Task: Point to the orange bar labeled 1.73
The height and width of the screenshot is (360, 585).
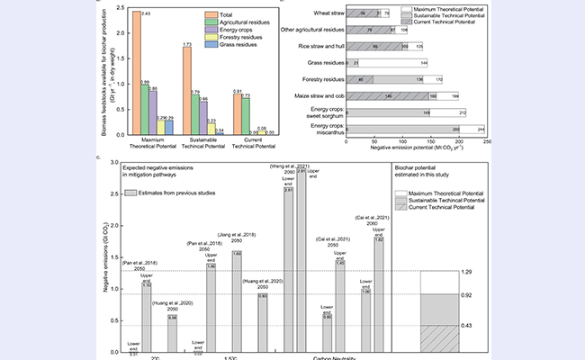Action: pos(186,90)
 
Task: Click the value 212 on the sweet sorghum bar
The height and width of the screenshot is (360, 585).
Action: pos(462,112)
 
